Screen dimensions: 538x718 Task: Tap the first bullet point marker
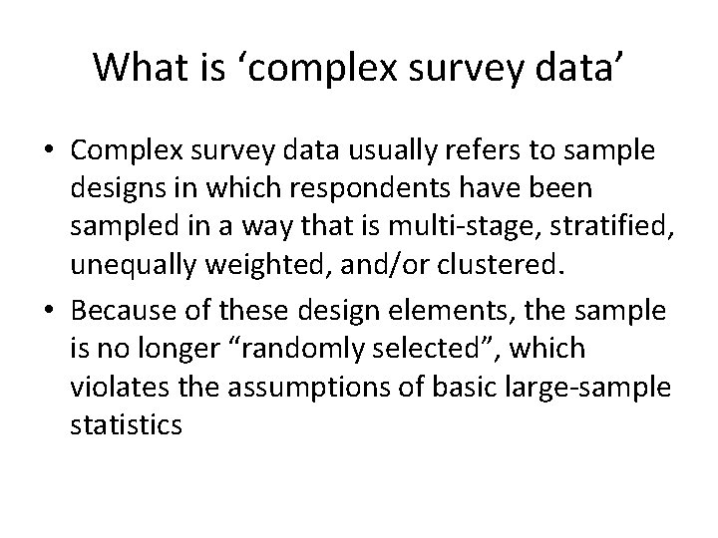coord(50,151)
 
